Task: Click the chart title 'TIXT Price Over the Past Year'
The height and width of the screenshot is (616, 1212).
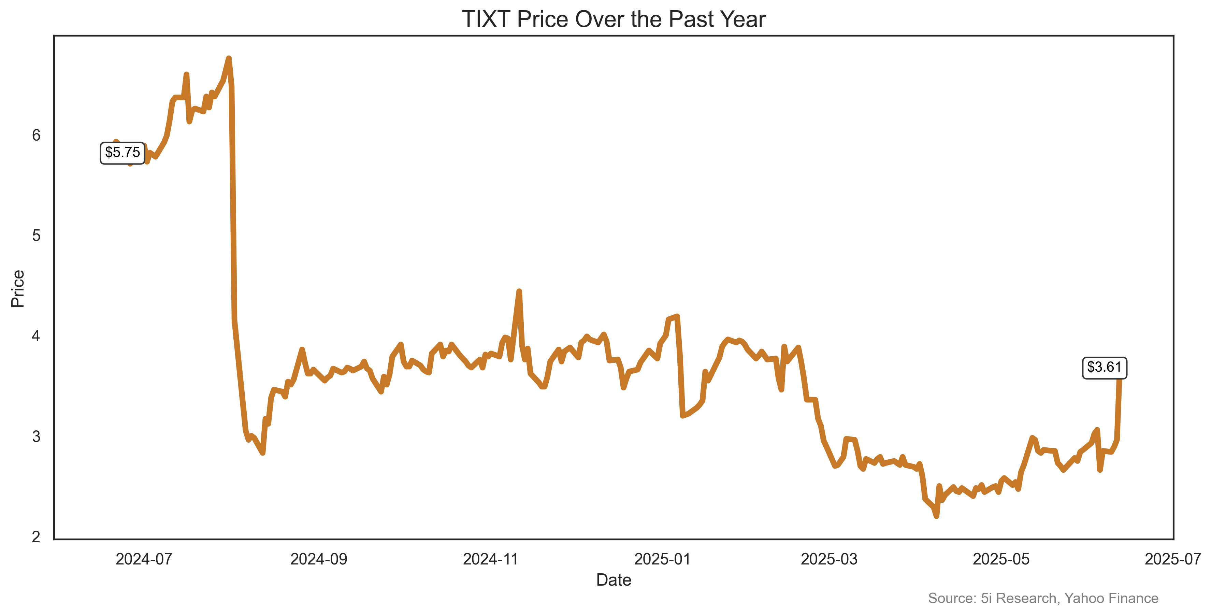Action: click(x=614, y=19)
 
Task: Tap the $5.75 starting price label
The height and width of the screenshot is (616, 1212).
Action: click(x=122, y=153)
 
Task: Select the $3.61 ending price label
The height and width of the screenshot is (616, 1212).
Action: click(x=1104, y=367)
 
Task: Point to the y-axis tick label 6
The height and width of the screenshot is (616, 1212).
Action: click(x=36, y=135)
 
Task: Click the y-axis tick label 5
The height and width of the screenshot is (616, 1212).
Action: click(x=36, y=236)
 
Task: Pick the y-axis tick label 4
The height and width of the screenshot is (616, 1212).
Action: click(x=36, y=336)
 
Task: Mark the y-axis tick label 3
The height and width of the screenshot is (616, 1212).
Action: click(x=36, y=436)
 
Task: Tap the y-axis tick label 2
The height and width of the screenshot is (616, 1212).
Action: click(x=36, y=536)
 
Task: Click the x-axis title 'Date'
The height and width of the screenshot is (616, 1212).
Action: click(x=614, y=580)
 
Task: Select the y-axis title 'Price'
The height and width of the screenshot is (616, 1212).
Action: click(x=18, y=288)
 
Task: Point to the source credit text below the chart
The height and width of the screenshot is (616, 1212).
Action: click(x=1043, y=598)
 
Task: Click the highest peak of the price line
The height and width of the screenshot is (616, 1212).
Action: click(x=229, y=58)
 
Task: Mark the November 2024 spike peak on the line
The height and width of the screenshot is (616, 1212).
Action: click(x=519, y=291)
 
